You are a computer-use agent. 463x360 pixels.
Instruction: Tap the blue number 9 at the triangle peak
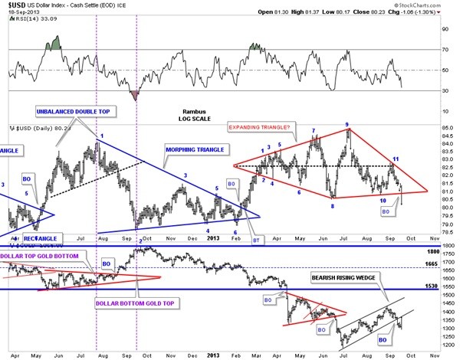346,124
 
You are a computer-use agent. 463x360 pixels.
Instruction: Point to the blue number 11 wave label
396,159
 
